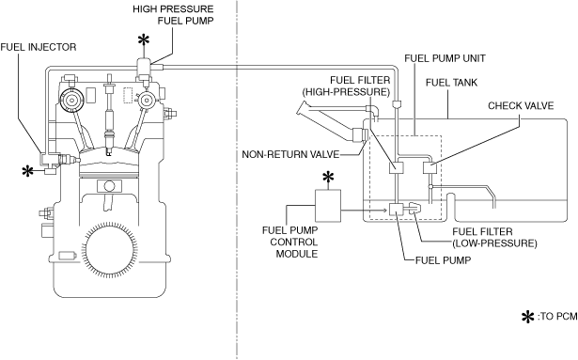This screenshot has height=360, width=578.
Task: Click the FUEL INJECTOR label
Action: pos(39,47)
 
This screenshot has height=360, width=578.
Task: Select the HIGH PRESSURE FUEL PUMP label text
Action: pos(173,15)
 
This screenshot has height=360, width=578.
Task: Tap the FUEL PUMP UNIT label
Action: pos(445,58)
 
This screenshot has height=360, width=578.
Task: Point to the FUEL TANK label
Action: pos(451,83)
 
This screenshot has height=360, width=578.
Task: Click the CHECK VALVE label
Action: pos(521,106)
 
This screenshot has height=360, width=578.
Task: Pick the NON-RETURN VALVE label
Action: pos(290,154)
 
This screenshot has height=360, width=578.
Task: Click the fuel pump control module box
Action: pos(328,206)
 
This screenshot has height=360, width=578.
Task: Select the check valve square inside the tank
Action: pos(430,168)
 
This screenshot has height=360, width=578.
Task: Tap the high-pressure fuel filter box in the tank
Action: pos(397,168)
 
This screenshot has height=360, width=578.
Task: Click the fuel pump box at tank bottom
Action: pos(397,209)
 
